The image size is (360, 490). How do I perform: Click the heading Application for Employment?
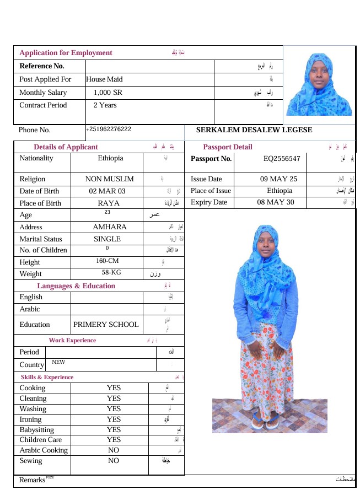click(x=66, y=53)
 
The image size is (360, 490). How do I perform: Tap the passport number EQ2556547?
click(x=282, y=159)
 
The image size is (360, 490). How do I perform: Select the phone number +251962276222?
click(x=109, y=129)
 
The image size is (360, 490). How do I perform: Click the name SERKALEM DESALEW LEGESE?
click(x=254, y=130)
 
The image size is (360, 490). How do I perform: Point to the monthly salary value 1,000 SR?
click(x=108, y=93)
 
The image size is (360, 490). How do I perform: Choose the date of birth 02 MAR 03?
click(x=107, y=191)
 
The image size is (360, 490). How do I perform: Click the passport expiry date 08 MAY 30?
click(x=276, y=202)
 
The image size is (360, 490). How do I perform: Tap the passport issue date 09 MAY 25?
click(x=278, y=179)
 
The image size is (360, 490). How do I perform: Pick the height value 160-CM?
click(x=107, y=261)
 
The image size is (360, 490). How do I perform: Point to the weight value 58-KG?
click(x=111, y=272)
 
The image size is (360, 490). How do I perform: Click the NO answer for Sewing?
click(x=114, y=461)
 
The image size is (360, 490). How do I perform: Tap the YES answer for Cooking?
click(x=114, y=388)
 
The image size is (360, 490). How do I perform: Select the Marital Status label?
click(x=41, y=239)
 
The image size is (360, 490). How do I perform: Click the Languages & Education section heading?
click(x=76, y=286)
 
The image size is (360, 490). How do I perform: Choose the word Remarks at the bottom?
click(x=32, y=480)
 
